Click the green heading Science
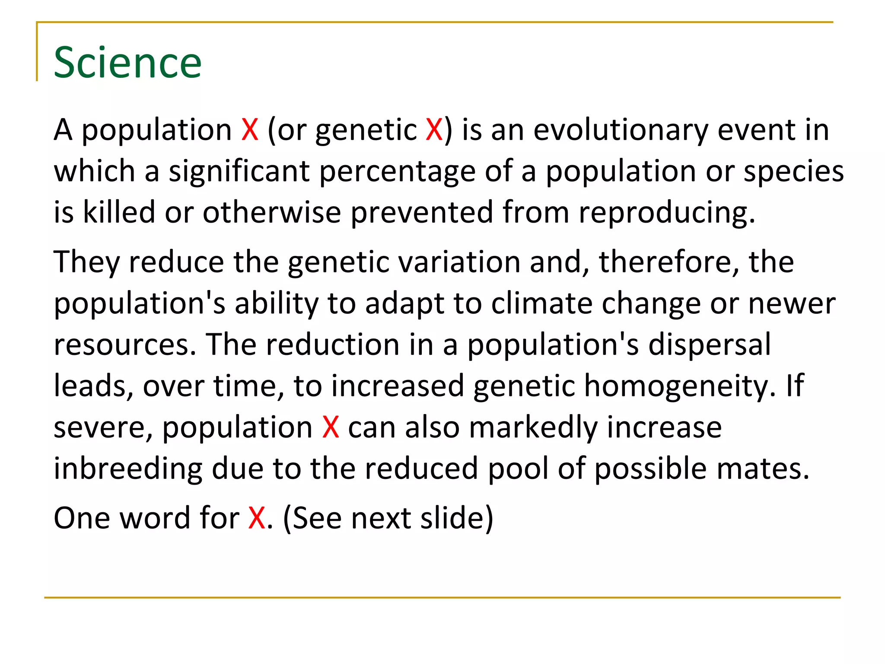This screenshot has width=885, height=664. pyautogui.click(x=127, y=63)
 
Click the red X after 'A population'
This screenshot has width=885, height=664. pyautogui.click(x=250, y=130)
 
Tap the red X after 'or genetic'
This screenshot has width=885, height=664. pyautogui.click(x=434, y=130)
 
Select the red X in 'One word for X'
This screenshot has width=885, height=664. pyautogui.click(x=257, y=518)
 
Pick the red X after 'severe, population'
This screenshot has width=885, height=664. pyautogui.click(x=331, y=427)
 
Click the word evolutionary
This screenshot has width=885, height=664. pyautogui.click(x=621, y=130)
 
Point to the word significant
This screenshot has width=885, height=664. pyautogui.click(x=239, y=171)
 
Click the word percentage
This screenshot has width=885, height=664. pyautogui.click(x=397, y=171)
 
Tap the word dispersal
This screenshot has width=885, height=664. pyautogui.click(x=709, y=345)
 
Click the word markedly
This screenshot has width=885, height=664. pyautogui.click(x=533, y=427)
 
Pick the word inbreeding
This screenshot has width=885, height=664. pyautogui.click(x=128, y=469)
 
